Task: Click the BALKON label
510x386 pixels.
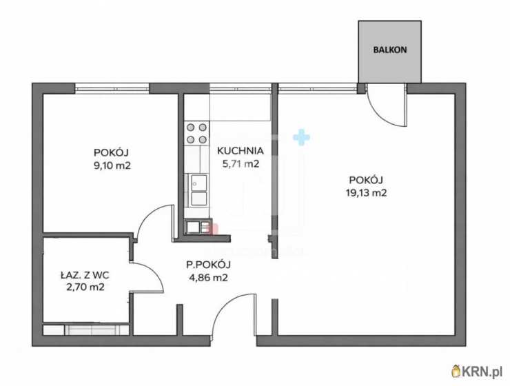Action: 389,50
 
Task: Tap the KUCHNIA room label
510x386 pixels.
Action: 240,150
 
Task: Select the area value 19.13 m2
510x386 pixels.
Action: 366,193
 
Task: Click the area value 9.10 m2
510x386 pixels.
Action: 112,165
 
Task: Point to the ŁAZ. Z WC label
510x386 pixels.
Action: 84,274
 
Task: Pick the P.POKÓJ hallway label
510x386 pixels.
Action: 208,264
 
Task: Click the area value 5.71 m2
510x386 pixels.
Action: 240,164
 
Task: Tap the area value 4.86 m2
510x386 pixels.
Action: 208,278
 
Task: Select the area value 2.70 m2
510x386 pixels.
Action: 84,287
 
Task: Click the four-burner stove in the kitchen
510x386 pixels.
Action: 196,133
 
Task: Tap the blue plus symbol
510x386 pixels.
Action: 301,137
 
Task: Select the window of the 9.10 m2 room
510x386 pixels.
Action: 112,88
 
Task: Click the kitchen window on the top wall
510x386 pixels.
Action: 241,88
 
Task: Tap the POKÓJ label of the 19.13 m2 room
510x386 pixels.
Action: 366,180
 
